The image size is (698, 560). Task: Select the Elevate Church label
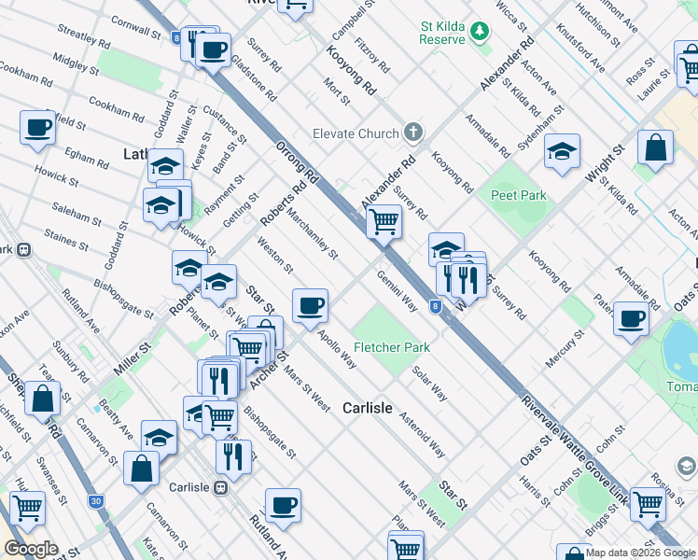pyautogui.click(x=356, y=133)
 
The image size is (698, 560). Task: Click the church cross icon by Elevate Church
pyautogui.click(x=413, y=133)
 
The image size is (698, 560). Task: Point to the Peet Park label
pyautogui.click(x=519, y=195)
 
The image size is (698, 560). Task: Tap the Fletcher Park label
pyautogui.click(x=391, y=347)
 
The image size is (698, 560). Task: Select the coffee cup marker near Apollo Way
pyautogui.click(x=310, y=305)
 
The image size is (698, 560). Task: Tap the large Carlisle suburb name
pyautogui.click(x=372, y=408)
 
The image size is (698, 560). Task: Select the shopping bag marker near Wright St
pyautogui.click(x=656, y=147)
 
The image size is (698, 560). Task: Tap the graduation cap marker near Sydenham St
pyautogui.click(x=563, y=152)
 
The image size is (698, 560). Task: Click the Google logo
pyautogui.click(x=31, y=549)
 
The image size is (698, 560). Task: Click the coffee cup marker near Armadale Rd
pyautogui.click(x=632, y=318)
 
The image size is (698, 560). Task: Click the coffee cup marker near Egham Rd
pyautogui.click(x=37, y=128)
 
